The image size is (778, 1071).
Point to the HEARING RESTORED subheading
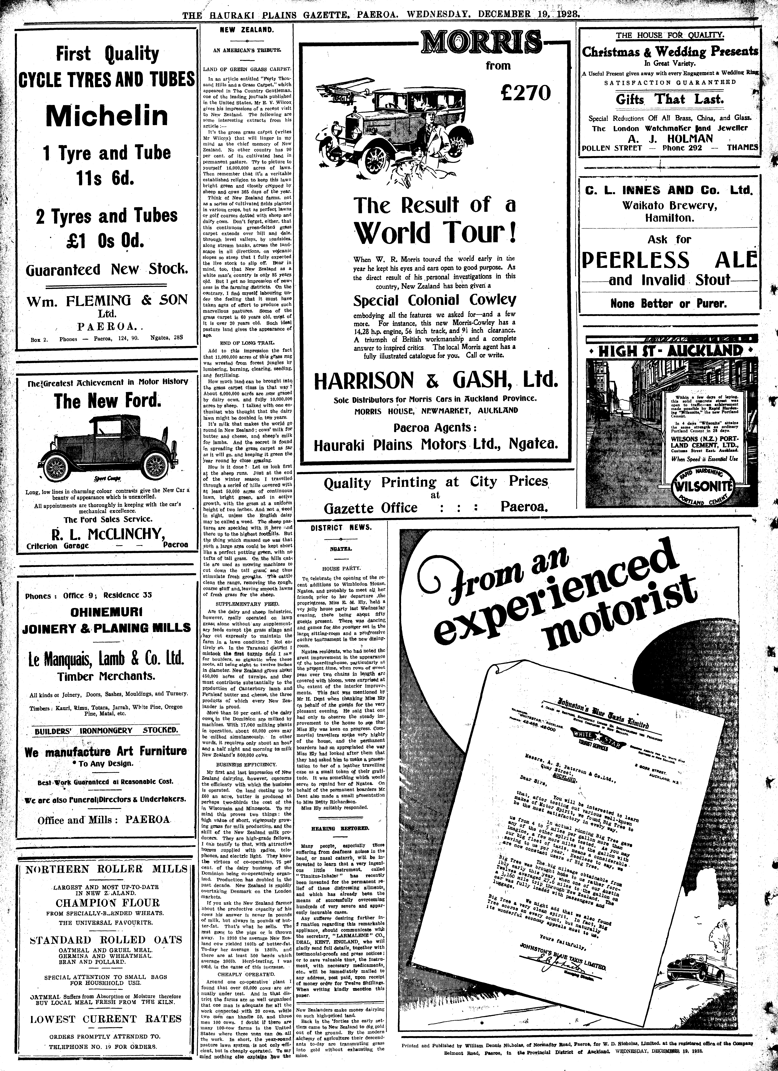pos(340,829)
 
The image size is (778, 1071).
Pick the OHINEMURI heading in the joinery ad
pos(108,613)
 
